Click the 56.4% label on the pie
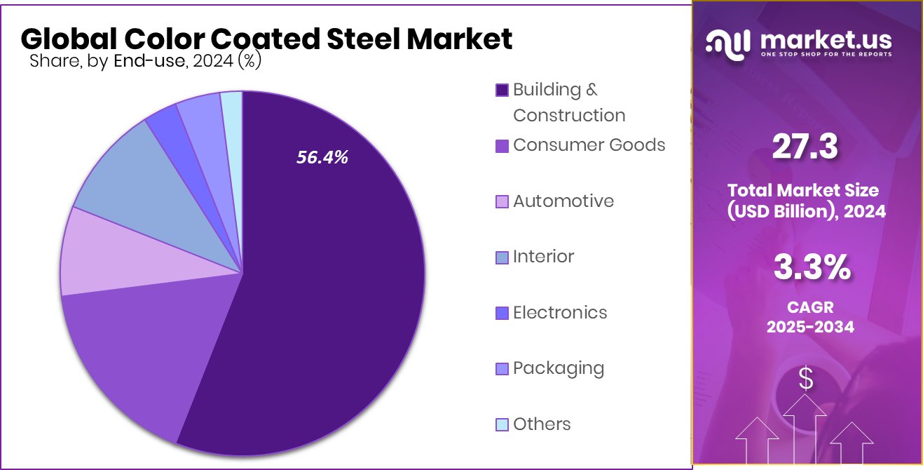click(322, 158)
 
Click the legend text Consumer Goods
click(589, 145)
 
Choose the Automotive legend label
click(563, 201)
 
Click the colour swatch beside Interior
click(502, 257)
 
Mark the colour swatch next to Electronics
click(502, 313)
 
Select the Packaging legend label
click(558, 368)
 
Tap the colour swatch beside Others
click(502, 424)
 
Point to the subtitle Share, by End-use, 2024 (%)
click(146, 61)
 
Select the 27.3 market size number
click(805, 148)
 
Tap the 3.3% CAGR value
click(812, 268)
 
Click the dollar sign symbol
click(806, 380)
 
